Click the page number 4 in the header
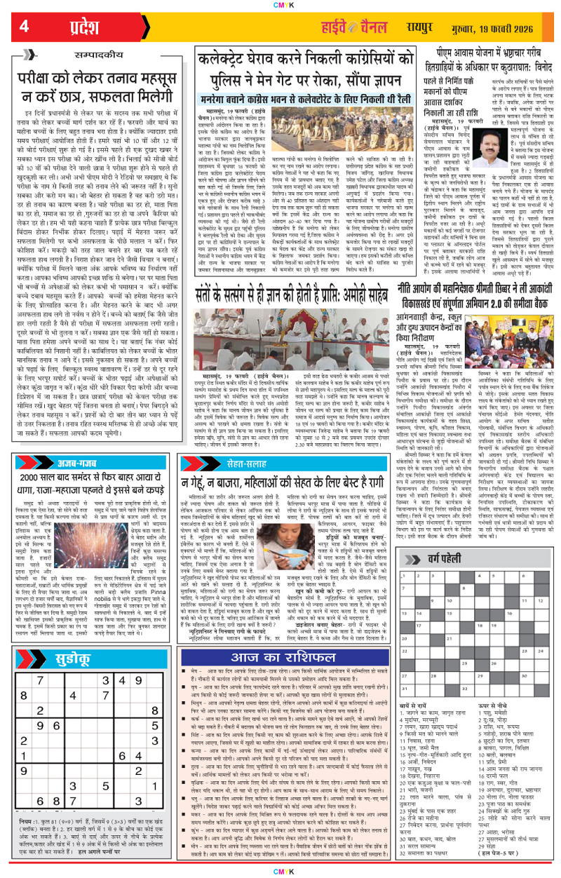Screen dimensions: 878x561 click(24, 27)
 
